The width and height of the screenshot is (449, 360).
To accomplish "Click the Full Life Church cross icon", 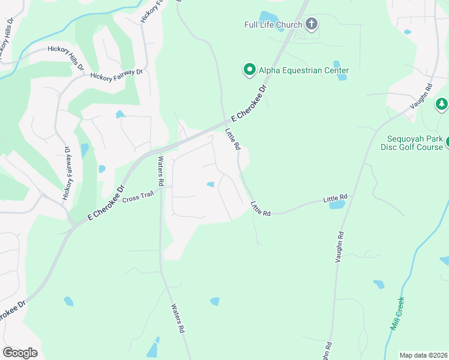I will [x=311, y=25].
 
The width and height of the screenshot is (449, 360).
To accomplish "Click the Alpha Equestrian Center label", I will [x=304, y=70].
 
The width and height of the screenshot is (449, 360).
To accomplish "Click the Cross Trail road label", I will [x=139, y=196].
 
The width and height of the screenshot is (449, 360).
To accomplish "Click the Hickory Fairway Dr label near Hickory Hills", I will [x=116, y=74].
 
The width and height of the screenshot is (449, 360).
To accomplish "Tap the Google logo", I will [x=20, y=353].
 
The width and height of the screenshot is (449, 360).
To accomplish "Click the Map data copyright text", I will [x=423, y=355].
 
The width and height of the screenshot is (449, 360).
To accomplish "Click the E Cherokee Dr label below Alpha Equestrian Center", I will [x=246, y=101].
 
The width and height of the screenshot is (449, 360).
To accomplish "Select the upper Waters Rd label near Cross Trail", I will [x=161, y=171].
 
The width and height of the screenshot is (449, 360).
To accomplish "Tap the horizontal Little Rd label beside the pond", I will [x=335, y=197].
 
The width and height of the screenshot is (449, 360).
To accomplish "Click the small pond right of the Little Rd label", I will [x=337, y=205].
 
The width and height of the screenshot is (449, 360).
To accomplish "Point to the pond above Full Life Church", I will [x=267, y=16].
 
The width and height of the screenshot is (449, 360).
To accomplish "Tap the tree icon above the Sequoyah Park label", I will [x=442, y=104].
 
